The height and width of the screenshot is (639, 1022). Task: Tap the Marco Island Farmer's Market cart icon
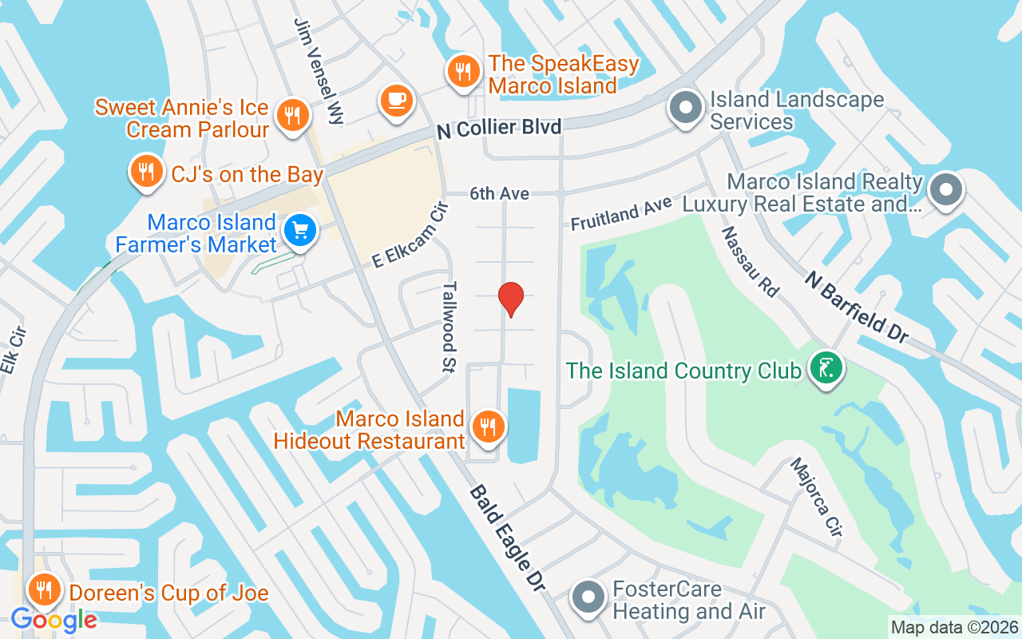[301, 231]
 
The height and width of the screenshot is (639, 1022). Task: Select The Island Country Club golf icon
[826, 368]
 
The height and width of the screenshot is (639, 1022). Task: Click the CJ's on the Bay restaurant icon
[145, 171]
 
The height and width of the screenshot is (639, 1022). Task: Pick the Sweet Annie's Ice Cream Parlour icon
[293, 115]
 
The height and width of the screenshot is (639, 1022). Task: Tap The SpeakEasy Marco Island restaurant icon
[462, 72]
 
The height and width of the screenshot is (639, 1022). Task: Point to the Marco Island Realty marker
[946, 191]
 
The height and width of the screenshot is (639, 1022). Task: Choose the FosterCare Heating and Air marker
[589, 597]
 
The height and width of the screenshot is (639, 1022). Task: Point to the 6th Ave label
[499, 193]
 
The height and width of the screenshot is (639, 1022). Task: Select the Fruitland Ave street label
[621, 214]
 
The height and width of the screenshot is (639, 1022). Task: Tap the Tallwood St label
[450, 326]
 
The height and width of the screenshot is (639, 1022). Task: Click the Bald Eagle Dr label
[507, 538]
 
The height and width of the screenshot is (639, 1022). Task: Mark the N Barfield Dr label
[855, 307]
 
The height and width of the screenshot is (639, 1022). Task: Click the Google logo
[53, 620]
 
